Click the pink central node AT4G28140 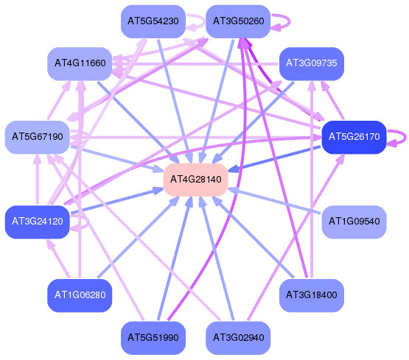pyautogui.click(x=195, y=180)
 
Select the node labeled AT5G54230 pyautogui.click(x=153, y=21)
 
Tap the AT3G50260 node pyautogui.click(x=238, y=21)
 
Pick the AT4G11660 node pyautogui.click(x=80, y=63)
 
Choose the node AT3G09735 pyautogui.click(x=312, y=63)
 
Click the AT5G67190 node pyautogui.click(x=38, y=137)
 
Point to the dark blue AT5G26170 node pyautogui.click(x=354, y=137)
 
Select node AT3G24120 pyautogui.click(x=38, y=222)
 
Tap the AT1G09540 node pyautogui.click(x=354, y=222)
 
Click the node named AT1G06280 pyautogui.click(x=80, y=295)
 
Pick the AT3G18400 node pyautogui.click(x=312, y=295)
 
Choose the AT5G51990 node pyautogui.click(x=153, y=338)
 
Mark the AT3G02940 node pyautogui.click(x=238, y=338)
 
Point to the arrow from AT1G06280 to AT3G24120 pyautogui.click(x=58, y=258)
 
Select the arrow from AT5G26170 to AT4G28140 pyautogui.click(x=274, y=159)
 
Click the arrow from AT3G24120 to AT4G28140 pyautogui.click(x=117, y=200)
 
